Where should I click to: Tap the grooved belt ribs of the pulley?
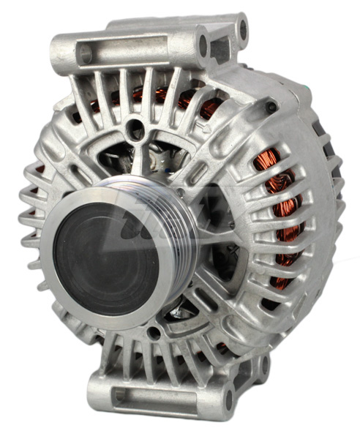183,219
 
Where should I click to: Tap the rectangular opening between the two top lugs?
220,50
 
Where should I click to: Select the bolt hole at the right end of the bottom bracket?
228,399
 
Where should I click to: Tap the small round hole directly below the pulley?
153,334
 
